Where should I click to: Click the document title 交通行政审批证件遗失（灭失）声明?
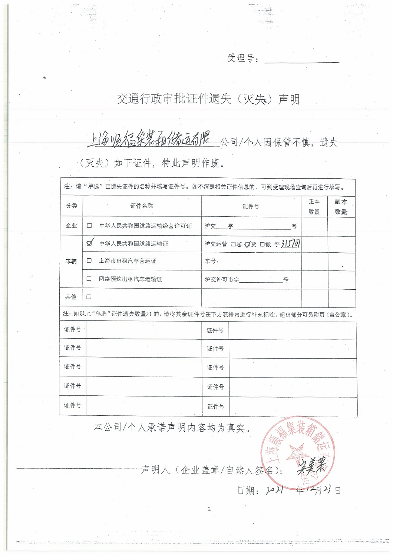(x=208, y=99)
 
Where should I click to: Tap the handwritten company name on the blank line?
(x=148, y=141)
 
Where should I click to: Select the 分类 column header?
(x=72, y=206)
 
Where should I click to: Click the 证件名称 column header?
(x=142, y=206)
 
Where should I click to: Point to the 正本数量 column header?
(x=314, y=206)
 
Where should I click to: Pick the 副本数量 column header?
(x=341, y=206)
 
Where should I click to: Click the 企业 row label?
(x=71, y=226)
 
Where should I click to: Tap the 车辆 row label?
(x=71, y=261)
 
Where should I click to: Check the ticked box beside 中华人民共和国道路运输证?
(x=89, y=243)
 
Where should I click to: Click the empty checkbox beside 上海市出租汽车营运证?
(x=89, y=260)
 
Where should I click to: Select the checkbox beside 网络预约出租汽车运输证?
(x=89, y=279)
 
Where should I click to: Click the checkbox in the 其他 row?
(x=89, y=297)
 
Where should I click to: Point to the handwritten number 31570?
(x=291, y=243)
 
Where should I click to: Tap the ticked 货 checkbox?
(x=248, y=245)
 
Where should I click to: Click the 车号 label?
(x=211, y=261)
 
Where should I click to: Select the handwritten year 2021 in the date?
(x=275, y=490)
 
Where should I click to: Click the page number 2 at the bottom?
(x=209, y=509)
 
